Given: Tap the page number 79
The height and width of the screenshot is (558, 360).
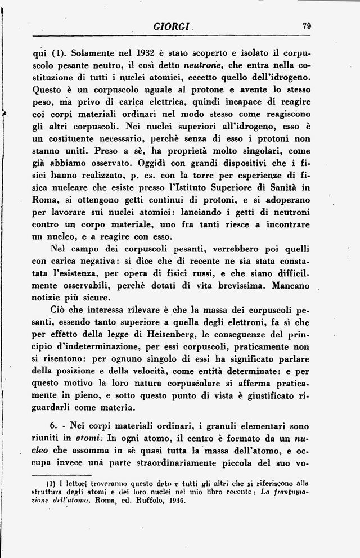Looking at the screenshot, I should click(x=307, y=25).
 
